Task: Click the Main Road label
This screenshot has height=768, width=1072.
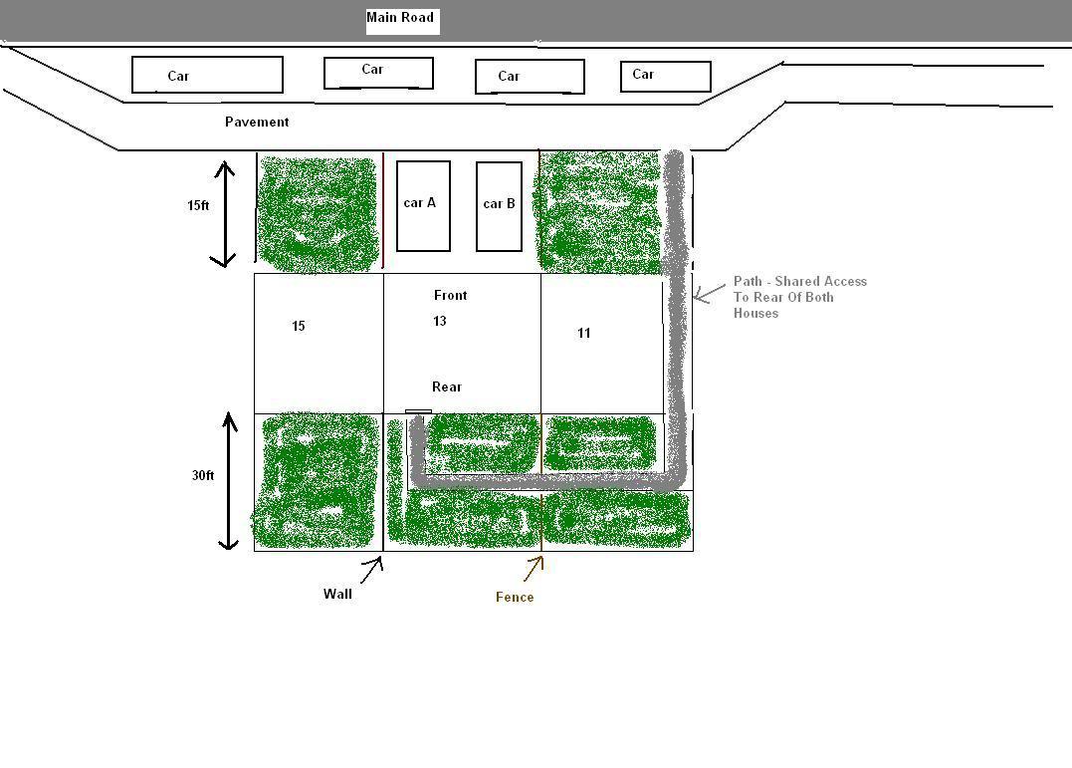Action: pos(400,18)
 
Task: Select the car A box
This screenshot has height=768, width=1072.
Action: pos(423,206)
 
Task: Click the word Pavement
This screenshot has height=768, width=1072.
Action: pos(257,122)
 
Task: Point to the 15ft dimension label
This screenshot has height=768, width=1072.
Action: pos(198,205)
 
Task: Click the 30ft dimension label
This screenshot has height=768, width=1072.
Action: pos(203,475)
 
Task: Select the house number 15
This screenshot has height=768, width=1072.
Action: pos(298,326)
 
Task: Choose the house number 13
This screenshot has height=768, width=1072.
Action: pos(440,321)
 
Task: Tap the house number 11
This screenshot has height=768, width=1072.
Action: pos(584,333)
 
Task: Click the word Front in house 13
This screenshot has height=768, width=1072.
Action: pos(451,295)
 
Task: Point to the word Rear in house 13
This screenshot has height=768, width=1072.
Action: pos(447,386)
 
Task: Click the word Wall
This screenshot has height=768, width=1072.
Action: pos(337,594)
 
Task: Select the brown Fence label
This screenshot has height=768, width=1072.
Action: pos(515,597)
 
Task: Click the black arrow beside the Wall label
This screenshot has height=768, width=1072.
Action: pos(371,570)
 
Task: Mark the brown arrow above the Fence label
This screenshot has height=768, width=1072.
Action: pos(534,569)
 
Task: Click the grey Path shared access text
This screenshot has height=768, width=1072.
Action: pos(800,297)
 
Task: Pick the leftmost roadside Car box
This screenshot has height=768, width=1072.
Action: pos(207,75)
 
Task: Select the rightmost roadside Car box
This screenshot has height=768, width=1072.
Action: pos(666,76)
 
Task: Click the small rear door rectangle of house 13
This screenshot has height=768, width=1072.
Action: pos(418,412)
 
